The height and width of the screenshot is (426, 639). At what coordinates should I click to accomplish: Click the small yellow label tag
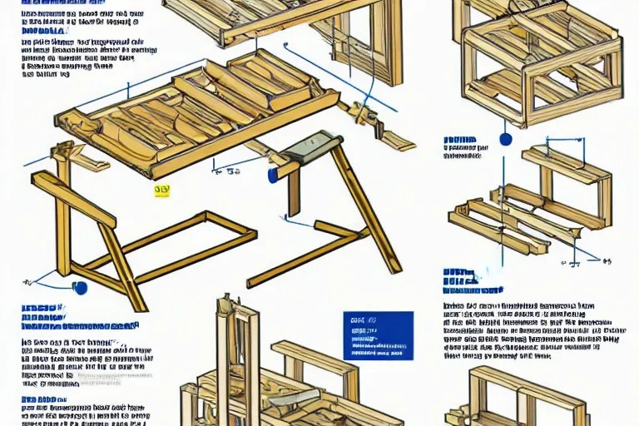click(x=161, y=191)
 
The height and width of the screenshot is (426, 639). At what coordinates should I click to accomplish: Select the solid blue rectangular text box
click(x=378, y=335)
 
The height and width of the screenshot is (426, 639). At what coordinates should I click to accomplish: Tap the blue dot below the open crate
click(x=505, y=140)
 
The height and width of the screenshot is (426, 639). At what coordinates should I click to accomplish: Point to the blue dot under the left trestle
click(x=80, y=288)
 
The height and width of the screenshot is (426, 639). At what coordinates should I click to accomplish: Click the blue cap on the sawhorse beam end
click(x=272, y=176)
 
